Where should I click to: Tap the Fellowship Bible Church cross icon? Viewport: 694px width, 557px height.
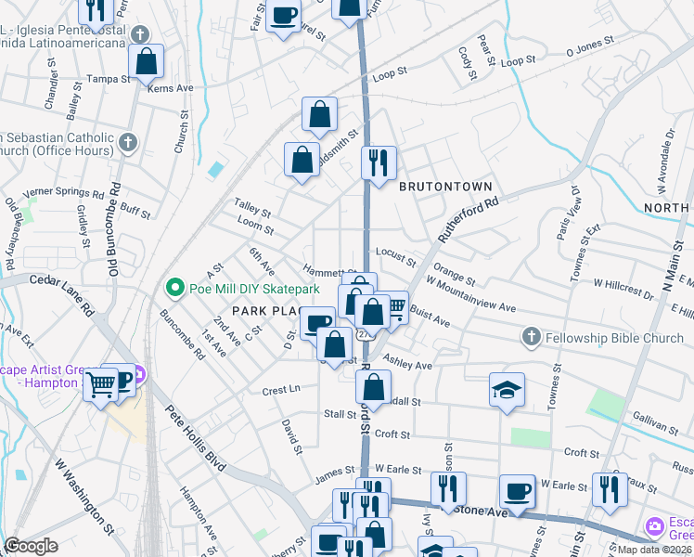tap(531, 336)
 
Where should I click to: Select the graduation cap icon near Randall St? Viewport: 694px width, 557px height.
tap(508, 391)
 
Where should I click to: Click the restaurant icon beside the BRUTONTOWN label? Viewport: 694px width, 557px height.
tap(379, 163)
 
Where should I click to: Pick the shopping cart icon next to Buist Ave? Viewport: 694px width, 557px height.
tap(394, 308)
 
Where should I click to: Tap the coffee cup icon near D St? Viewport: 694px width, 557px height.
tap(318, 324)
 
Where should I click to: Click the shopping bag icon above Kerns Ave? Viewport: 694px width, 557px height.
tap(147, 62)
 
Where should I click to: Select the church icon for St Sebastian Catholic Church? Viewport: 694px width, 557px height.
tap(128, 143)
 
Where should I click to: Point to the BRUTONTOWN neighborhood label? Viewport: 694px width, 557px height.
tap(445, 187)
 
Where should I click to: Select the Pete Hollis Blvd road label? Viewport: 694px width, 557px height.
tap(196, 437)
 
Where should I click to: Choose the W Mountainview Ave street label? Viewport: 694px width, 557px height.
tap(469, 293)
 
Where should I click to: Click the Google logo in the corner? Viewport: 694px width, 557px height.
tap(32, 546)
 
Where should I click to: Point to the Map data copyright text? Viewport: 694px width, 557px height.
tap(655, 550)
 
